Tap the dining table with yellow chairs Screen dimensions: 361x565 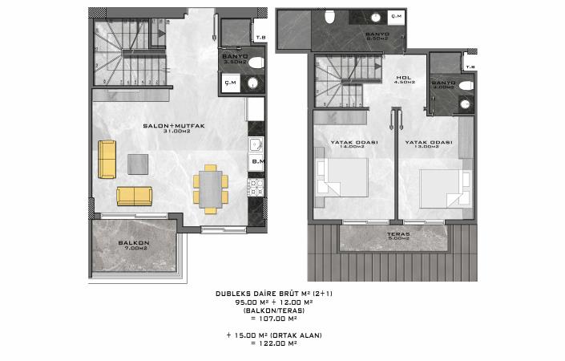pos(210,189)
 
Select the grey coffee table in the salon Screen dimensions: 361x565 pos(138,162)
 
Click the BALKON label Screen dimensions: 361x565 pos(130,242)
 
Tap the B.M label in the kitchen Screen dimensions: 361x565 pos(257,163)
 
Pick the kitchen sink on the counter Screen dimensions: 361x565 pos(256,145)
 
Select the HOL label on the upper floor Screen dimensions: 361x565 pos(405,77)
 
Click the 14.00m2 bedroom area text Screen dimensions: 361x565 pos(353,147)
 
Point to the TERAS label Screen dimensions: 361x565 pos(398,233)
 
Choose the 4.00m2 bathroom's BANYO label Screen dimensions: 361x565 pos(442,83)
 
